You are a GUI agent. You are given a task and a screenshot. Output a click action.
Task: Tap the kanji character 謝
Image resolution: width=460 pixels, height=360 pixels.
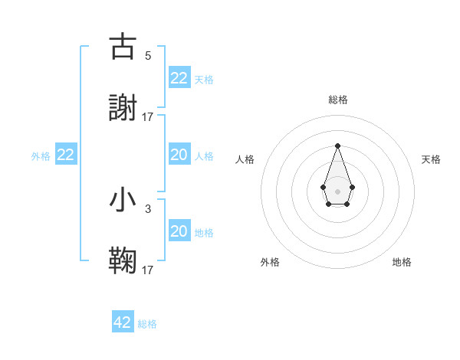123,108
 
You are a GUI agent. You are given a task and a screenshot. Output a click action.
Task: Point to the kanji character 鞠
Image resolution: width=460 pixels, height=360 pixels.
123,261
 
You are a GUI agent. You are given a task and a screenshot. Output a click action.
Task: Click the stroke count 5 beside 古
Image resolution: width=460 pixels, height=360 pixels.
148,55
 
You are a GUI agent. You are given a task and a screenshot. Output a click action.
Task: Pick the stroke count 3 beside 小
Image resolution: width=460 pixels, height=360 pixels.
148,208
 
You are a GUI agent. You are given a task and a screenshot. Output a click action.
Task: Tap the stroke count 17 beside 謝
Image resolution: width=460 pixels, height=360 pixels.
148,117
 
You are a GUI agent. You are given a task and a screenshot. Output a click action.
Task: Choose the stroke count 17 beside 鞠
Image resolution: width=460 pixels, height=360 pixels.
148,270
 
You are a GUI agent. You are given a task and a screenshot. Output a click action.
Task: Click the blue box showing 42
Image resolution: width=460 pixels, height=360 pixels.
123,322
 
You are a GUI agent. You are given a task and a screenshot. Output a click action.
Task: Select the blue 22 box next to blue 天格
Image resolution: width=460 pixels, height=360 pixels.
179,78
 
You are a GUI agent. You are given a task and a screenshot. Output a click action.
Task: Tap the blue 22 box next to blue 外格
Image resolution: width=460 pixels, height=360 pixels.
66,155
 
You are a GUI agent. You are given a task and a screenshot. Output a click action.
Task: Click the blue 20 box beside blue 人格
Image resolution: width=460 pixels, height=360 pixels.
179,155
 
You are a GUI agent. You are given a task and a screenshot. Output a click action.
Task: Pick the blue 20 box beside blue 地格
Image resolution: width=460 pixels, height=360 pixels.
179,231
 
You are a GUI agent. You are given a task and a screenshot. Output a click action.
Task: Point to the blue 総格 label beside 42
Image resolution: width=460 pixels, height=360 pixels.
147,324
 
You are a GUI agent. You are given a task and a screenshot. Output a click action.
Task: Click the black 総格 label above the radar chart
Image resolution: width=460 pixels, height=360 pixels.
337,100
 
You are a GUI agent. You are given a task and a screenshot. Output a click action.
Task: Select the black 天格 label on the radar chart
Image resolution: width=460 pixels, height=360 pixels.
432,159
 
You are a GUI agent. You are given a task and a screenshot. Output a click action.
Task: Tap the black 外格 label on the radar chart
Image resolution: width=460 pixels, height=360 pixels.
270,262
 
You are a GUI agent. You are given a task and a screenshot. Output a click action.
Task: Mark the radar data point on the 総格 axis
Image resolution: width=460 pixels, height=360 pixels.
337,146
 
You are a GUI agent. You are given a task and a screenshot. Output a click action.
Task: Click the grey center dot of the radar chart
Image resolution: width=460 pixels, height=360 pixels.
337,190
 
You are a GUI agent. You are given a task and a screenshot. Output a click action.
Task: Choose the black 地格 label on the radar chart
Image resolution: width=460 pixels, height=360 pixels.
402,262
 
